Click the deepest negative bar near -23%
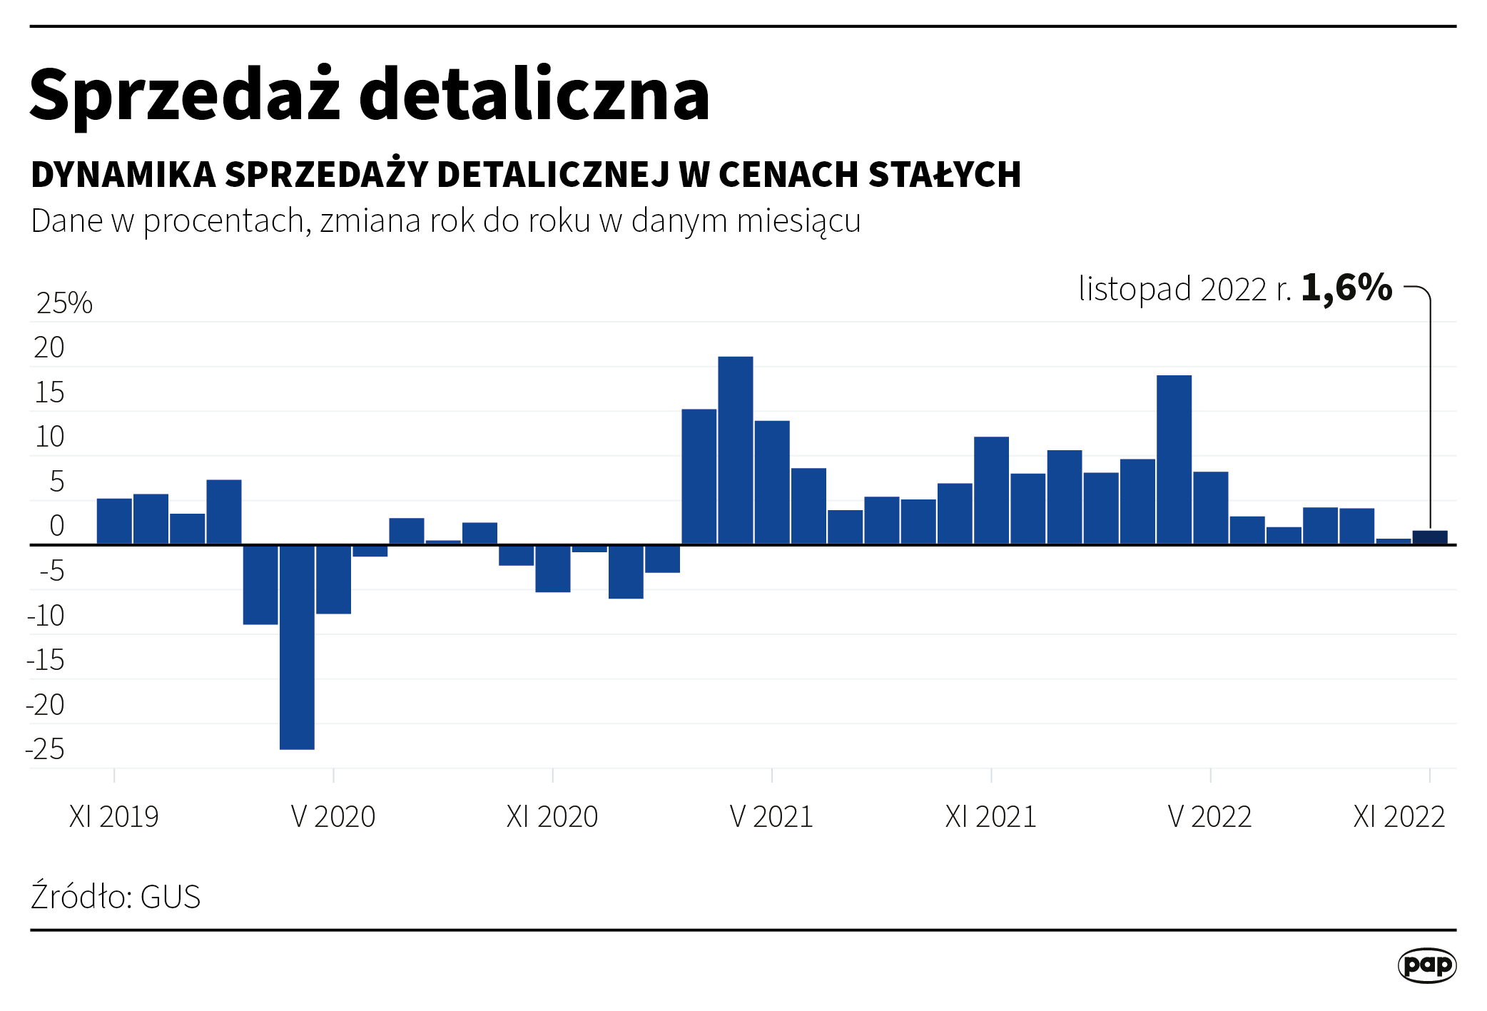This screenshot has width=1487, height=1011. point(297,646)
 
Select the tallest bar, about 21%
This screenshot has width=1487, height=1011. point(735,450)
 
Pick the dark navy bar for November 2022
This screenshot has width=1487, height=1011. point(1429,537)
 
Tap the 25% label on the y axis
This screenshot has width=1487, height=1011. point(64,303)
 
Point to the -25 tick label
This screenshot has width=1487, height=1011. point(45,749)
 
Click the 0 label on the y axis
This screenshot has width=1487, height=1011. point(57,526)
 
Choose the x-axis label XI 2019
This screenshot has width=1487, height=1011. point(113,816)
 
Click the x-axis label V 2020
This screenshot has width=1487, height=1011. point(333,816)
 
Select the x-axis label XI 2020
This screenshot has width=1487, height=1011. point(552,816)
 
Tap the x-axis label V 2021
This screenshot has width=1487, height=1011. point(771,816)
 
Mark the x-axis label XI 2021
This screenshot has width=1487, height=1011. point(990,816)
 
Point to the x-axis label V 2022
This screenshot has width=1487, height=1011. point(1209,816)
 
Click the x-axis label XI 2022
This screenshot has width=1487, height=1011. point(1399,816)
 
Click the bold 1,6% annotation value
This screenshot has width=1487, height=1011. point(1346,288)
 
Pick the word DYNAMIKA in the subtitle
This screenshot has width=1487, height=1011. point(123,175)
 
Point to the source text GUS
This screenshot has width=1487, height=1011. point(171,897)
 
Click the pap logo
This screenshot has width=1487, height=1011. point(1426,965)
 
